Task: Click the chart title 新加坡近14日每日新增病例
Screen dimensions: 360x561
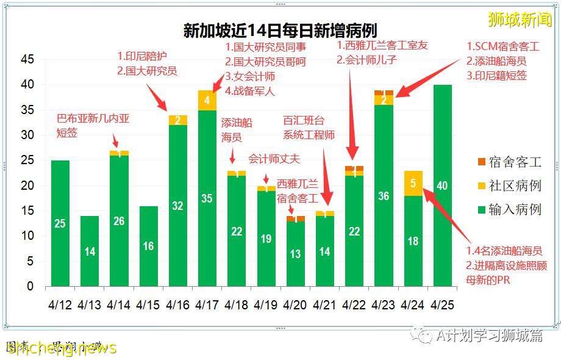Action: click(280, 31)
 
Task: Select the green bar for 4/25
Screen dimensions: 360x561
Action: click(442, 185)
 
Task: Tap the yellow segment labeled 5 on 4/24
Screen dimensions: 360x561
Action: click(413, 183)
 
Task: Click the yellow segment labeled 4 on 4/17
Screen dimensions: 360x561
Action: click(207, 100)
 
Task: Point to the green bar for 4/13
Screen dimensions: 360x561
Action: click(90, 251)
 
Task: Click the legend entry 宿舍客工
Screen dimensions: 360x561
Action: click(510, 162)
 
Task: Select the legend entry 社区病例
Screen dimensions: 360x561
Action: click(510, 185)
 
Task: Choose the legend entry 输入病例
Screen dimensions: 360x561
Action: click(510, 209)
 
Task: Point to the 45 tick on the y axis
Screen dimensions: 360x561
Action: click(27, 60)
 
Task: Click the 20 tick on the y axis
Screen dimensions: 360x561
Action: click(27, 185)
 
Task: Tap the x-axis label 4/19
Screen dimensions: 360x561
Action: click(266, 303)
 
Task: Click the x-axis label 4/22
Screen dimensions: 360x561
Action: click(354, 303)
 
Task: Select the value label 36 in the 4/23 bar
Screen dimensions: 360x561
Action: click(384, 196)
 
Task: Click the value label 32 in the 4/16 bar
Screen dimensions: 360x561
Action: click(177, 206)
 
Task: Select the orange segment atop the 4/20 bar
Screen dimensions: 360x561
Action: click(295, 218)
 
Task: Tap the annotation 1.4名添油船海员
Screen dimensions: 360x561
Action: click(504, 251)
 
